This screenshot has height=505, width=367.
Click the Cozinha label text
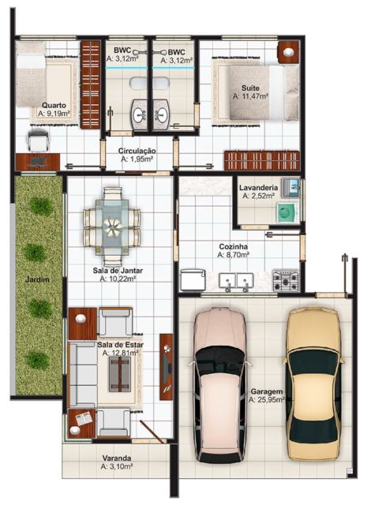234,245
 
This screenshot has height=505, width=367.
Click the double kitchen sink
235,281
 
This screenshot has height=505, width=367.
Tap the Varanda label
116,458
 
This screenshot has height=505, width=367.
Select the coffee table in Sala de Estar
118,377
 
